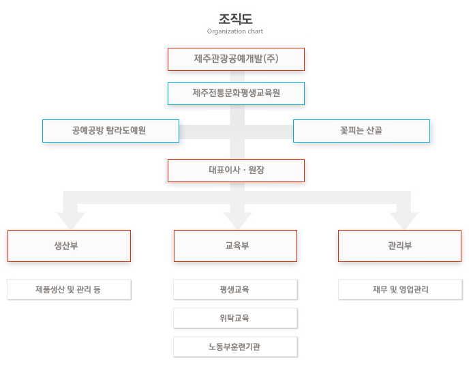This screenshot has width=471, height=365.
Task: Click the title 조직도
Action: pyautogui.click(x=235, y=19)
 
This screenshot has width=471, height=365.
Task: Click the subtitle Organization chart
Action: pyautogui.click(x=235, y=31)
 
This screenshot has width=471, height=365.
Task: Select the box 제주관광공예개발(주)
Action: pyautogui.click(x=236, y=59)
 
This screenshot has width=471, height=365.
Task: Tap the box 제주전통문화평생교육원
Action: pyautogui.click(x=236, y=93)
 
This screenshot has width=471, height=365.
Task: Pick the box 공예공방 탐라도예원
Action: pyautogui.click(x=111, y=131)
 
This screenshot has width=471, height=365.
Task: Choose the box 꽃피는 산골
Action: pyautogui.click(x=361, y=131)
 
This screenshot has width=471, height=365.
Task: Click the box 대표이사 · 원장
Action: pyautogui.click(x=236, y=171)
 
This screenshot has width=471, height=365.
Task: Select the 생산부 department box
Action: pyautogui.click(x=69, y=246)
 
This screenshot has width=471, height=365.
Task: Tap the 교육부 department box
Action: pyautogui.click(x=236, y=246)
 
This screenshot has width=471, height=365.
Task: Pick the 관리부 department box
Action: pyautogui.click(x=400, y=246)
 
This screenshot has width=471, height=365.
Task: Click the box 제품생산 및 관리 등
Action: pyautogui.click(x=69, y=289)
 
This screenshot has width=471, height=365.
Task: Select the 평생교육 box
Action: pyautogui.click(x=236, y=289)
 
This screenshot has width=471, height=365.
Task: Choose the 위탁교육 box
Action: pyautogui.click(x=236, y=318)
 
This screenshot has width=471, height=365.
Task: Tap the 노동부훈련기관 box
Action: pyautogui.click(x=236, y=347)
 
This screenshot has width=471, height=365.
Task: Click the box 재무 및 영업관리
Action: pyautogui.click(x=400, y=289)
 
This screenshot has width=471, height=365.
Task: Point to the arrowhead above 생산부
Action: pyautogui.click(x=71, y=221)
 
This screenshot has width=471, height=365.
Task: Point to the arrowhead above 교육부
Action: pyautogui.click(x=238, y=221)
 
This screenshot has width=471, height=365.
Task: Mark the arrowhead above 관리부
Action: pyautogui.click(x=404, y=221)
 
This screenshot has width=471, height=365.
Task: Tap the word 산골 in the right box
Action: pyautogui.click(x=374, y=130)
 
